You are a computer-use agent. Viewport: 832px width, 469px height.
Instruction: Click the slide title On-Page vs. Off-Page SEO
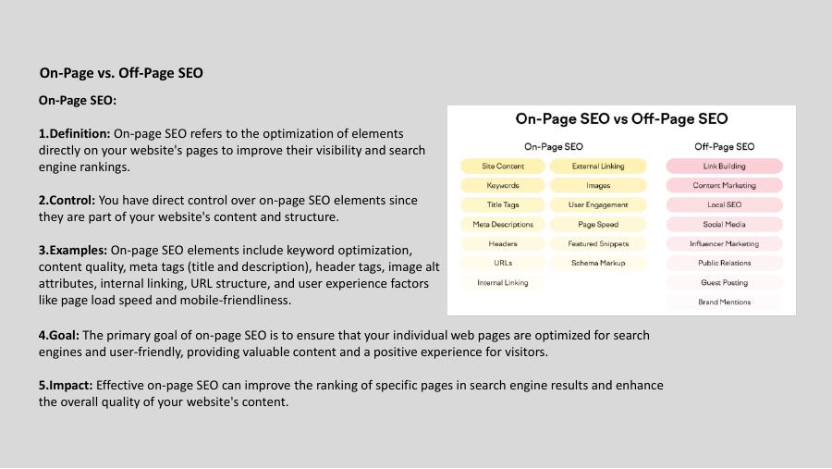click(121, 73)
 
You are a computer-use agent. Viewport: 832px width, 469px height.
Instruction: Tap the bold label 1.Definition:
click(75, 134)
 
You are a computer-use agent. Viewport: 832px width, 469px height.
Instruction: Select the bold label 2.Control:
click(67, 200)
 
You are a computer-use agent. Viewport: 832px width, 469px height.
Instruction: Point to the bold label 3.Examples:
click(74, 250)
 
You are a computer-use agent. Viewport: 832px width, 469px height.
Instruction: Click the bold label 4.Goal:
click(58, 335)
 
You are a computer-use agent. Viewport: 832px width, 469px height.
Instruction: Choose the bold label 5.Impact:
click(66, 385)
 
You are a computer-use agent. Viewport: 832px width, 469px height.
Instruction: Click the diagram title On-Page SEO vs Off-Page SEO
click(621, 118)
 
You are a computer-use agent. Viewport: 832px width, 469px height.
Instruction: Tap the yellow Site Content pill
click(503, 167)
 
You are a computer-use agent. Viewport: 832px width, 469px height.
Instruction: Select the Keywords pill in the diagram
click(503, 186)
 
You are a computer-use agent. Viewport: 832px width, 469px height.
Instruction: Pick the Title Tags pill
click(503, 205)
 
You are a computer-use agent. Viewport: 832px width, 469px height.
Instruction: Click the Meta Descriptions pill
click(503, 225)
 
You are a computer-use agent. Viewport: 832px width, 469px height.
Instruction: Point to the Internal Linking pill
click(503, 283)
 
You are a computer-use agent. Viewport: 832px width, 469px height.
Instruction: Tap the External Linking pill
click(598, 167)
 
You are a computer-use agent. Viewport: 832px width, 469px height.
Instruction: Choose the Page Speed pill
click(598, 225)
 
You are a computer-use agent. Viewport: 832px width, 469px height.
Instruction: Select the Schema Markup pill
click(598, 264)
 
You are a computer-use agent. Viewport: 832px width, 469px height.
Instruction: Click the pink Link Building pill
click(724, 167)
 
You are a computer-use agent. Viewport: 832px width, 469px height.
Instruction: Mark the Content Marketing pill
click(724, 186)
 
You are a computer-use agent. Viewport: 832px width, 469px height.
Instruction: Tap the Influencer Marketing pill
click(724, 244)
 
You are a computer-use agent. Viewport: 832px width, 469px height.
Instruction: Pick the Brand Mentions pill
click(724, 302)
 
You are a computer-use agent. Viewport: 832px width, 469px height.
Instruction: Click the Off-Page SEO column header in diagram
click(724, 146)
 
